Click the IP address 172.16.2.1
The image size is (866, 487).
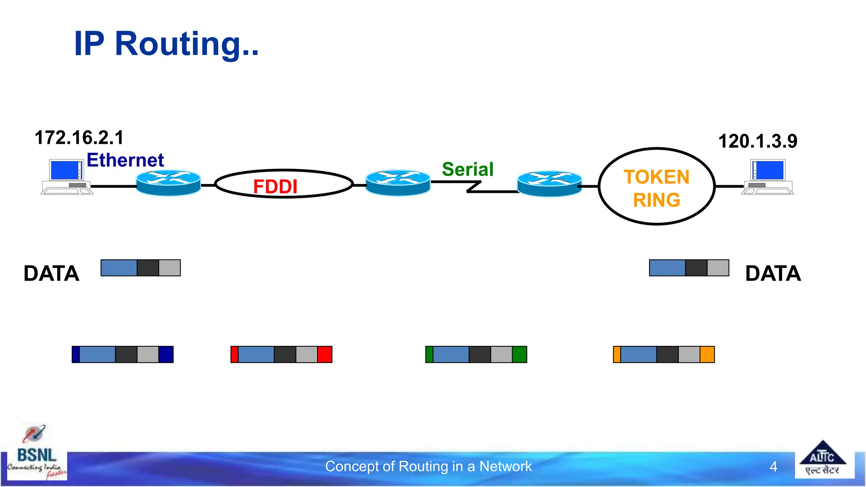(x=79, y=138)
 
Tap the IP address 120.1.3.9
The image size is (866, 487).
(x=757, y=141)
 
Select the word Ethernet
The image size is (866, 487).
(x=125, y=160)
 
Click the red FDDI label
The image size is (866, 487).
(x=275, y=186)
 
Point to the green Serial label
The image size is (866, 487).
(x=468, y=170)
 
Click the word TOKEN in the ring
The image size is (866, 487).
(x=656, y=177)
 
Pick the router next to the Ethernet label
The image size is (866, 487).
(x=168, y=183)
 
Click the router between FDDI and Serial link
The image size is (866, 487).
(x=398, y=183)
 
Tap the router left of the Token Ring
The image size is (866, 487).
(x=550, y=183)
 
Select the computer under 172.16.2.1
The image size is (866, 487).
(x=67, y=177)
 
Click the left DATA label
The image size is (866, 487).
(x=51, y=274)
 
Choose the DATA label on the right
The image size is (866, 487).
(x=773, y=274)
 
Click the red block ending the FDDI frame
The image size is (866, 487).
(x=325, y=354)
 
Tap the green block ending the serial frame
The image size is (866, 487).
(x=519, y=354)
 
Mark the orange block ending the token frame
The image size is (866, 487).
(x=707, y=354)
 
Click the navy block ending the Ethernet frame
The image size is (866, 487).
(x=166, y=354)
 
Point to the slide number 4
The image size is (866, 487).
(x=773, y=467)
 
